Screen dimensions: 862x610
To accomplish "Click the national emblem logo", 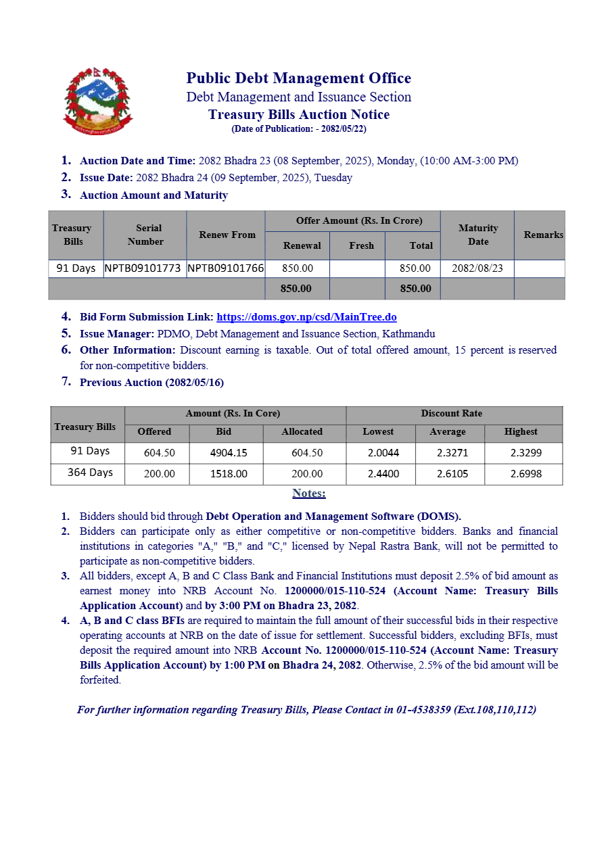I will (98, 101).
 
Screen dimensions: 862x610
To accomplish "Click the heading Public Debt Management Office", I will (298, 78).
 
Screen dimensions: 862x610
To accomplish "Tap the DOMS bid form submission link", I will (306, 316).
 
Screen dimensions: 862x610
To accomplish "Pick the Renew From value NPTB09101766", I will (226, 268).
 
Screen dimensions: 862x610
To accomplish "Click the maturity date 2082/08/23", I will (477, 268).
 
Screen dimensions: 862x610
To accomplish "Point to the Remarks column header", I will (543, 235).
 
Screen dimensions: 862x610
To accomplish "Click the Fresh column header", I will (361, 245).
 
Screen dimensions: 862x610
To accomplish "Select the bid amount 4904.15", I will (229, 452).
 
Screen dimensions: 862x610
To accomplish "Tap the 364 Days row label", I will (90, 473).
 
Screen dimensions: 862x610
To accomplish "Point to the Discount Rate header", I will (452, 413).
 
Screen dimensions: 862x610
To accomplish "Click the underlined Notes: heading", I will (309, 493).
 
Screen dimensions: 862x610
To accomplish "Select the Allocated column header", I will (302, 431).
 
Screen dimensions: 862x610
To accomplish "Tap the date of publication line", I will (298, 128).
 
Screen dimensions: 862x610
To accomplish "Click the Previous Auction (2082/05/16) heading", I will (151, 383).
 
